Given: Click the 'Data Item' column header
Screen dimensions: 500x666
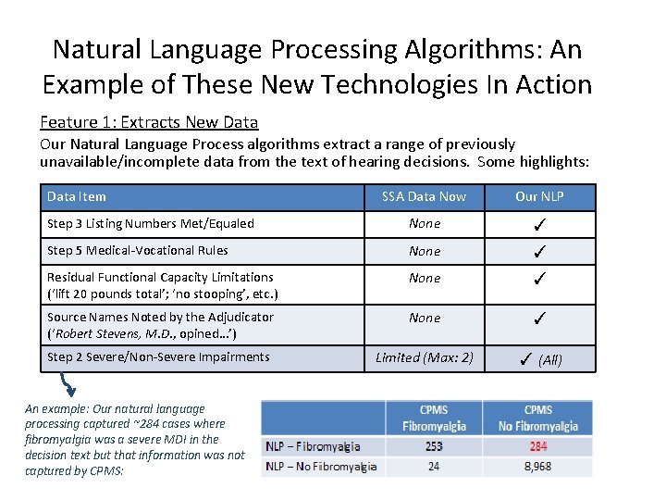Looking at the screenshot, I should click(x=77, y=196).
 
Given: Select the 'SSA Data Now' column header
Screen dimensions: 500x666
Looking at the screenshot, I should click(x=425, y=196).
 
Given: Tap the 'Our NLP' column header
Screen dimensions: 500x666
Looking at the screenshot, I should click(x=539, y=196).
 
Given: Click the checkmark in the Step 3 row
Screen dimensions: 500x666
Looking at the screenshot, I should click(x=540, y=224).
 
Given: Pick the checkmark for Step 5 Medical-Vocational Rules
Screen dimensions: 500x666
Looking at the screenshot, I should click(x=540, y=251).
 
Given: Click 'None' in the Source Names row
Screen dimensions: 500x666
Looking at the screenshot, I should click(x=425, y=318).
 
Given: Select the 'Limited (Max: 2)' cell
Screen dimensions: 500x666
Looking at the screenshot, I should click(x=425, y=357).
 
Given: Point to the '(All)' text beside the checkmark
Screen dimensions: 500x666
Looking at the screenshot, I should click(x=550, y=360).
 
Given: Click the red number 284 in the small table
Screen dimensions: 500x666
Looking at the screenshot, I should click(x=538, y=445).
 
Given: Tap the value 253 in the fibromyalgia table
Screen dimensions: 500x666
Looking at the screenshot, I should click(x=434, y=445).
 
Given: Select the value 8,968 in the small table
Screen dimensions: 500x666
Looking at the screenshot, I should click(x=538, y=467).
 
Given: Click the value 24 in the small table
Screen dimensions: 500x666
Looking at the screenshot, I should click(x=434, y=467).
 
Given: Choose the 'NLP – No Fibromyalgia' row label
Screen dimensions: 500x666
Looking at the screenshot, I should click(x=321, y=467).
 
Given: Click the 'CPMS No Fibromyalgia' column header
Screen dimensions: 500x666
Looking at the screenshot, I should click(x=538, y=418).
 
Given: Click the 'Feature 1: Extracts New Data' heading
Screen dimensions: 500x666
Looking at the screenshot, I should click(x=149, y=122).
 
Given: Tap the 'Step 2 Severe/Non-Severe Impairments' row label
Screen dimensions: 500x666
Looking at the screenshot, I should click(x=158, y=357).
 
